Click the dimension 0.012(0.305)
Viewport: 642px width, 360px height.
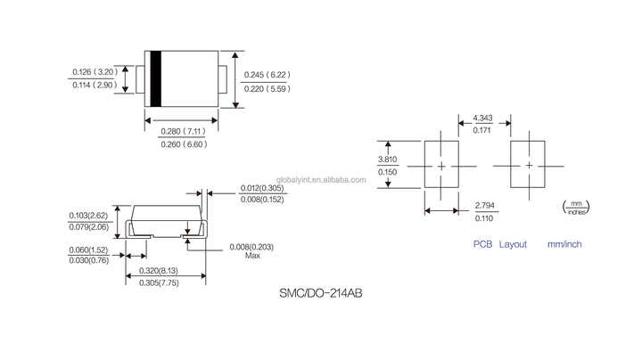click(263, 188)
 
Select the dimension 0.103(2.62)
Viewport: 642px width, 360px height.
click(89, 216)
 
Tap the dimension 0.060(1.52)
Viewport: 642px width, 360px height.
click(89, 249)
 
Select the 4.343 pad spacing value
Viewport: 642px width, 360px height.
click(482, 119)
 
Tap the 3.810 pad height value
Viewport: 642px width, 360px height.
click(388, 160)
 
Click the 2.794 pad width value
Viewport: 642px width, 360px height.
click(485, 206)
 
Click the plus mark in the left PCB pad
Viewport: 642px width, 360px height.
click(440, 166)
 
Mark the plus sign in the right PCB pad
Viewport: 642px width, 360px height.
click(528, 166)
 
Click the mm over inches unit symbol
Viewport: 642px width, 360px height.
click(575, 208)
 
